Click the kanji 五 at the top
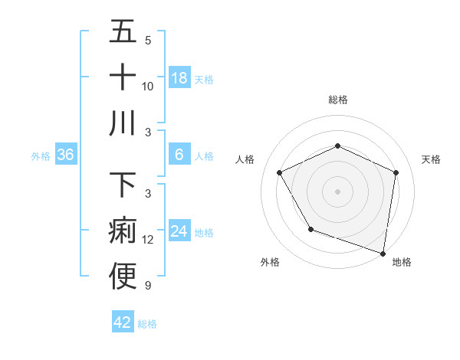tap(123, 31)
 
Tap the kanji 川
tap(123, 123)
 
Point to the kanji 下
tap(123, 185)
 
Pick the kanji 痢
tap(123, 231)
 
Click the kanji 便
tap(123, 277)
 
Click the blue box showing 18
tap(179, 78)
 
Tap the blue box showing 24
tap(179, 232)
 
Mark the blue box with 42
tap(123, 322)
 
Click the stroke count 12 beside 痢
tap(148, 240)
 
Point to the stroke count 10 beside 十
tap(148, 86)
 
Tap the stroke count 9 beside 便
tap(148, 286)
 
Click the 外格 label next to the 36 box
tap(41, 156)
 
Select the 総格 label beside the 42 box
tap(147, 324)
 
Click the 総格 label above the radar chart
tap(337, 100)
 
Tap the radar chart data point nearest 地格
tap(383, 252)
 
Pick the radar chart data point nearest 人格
tap(280, 172)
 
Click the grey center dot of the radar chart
tap(337, 191)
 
